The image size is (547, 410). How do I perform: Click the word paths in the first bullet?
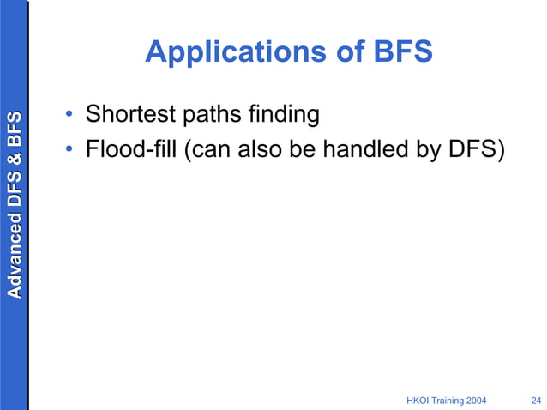coord(207,114)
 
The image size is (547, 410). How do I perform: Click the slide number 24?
coord(536,400)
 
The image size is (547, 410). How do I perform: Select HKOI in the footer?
coord(417,400)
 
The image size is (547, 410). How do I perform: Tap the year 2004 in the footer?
coord(484,400)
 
